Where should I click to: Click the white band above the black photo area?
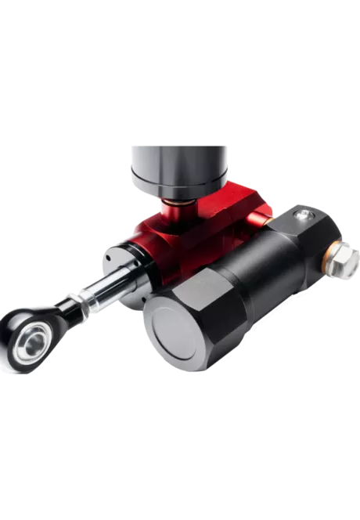coord(180,39)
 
